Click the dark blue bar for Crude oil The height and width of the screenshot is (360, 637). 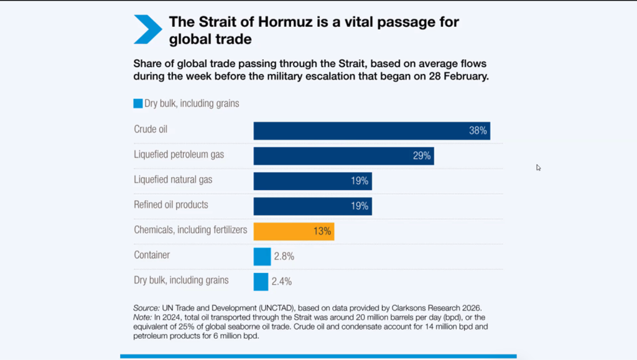pos(371,131)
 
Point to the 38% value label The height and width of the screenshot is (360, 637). pos(478,131)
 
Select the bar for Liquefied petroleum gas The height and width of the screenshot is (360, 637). pos(343,155)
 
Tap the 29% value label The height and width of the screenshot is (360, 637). pos(422,156)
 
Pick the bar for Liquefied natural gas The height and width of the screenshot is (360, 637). pos(312,181)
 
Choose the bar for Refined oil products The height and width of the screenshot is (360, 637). pos(312,206)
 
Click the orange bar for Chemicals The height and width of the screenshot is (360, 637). pos(294,231)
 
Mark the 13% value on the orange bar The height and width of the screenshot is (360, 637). pos(322,231)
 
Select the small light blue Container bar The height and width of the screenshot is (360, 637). pos(262,256)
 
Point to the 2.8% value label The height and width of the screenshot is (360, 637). pos(284,256)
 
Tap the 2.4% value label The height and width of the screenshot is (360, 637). pos(282,281)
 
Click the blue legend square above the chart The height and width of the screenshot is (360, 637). pos(138,104)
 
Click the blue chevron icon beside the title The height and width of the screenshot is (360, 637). pos(147,30)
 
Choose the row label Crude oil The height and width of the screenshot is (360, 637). pos(151,129)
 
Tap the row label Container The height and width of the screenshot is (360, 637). pos(152,255)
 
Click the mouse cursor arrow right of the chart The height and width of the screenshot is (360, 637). pos(539,167)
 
